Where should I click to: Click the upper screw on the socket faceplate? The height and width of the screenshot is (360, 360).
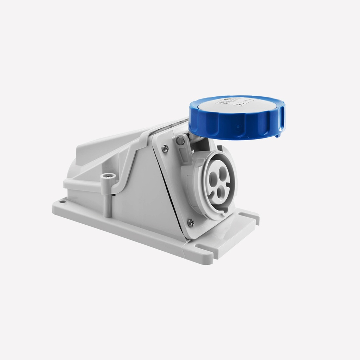(x=165, y=149)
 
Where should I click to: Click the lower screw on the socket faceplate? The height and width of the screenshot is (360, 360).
(x=191, y=223)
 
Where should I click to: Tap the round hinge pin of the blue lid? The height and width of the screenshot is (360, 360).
(x=180, y=141)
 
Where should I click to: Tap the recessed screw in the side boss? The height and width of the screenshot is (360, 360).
(x=108, y=176)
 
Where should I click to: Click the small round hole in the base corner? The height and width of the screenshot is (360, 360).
(x=62, y=202)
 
